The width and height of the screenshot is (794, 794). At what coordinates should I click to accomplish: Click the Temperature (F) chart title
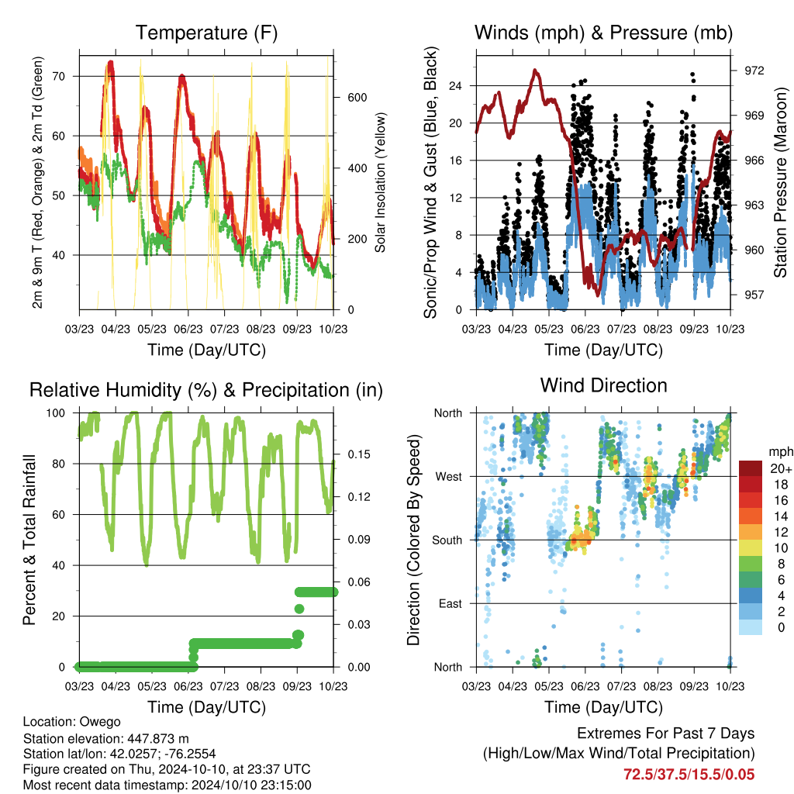pyautogui.click(x=206, y=33)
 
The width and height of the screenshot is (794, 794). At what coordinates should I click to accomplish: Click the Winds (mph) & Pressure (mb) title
pyautogui.click(x=603, y=33)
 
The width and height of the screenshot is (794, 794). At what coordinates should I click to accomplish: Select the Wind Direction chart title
pyautogui.click(x=603, y=385)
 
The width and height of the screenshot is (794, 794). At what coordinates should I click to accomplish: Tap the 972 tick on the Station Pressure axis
pyautogui.click(x=754, y=71)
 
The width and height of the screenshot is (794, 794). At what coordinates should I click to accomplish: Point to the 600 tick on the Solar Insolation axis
pyautogui.click(x=357, y=97)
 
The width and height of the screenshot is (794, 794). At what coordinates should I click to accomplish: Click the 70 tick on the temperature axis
pyautogui.click(x=59, y=77)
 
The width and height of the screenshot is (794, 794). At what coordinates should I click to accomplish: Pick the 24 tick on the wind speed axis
pyautogui.click(x=455, y=85)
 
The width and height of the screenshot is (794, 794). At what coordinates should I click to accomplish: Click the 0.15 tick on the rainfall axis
pyautogui.click(x=359, y=454)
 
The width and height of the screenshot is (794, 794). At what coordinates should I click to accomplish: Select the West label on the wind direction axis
pyautogui.click(x=449, y=477)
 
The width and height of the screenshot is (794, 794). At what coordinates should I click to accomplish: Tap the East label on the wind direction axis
pyautogui.click(x=451, y=603)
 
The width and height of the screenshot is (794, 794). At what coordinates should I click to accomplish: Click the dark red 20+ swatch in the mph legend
pyautogui.click(x=751, y=468)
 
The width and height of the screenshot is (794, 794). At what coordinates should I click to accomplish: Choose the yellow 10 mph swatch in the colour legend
pyautogui.click(x=751, y=548)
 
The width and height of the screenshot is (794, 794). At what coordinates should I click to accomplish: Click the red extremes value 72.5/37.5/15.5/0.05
pyautogui.click(x=689, y=775)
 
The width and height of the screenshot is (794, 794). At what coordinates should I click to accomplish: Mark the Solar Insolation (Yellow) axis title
pyautogui.click(x=380, y=182)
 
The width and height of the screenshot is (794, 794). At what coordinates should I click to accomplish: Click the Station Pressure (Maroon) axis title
pyautogui.click(x=780, y=182)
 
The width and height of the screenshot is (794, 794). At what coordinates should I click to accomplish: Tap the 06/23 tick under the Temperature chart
pyautogui.click(x=188, y=329)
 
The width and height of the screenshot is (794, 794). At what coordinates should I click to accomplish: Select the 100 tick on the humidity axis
pyautogui.click(x=56, y=413)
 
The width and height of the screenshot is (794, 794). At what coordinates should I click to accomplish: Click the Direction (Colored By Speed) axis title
pyautogui.click(x=414, y=540)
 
